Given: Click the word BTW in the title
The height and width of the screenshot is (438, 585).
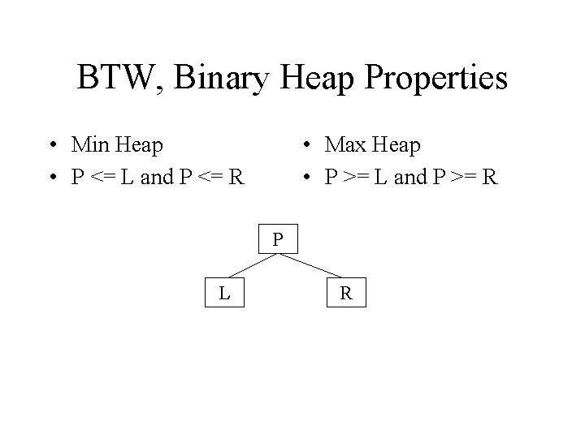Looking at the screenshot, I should tap(114, 78).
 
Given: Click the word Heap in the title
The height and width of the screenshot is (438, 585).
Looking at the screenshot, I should tap(319, 79).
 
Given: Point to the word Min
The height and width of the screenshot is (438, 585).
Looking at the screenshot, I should tap(93, 145).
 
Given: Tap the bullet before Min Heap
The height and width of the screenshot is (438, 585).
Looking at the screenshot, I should tap(51, 146).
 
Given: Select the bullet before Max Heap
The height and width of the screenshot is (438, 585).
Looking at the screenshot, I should tap(305, 146).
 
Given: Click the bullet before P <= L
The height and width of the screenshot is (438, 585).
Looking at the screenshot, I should tap(51, 177).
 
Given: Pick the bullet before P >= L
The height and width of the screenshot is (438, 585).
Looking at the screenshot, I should tap(305, 177).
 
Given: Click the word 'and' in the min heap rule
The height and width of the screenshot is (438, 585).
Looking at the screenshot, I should tap(154, 177).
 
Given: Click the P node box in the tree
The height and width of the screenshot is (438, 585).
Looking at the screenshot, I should tap(278, 239).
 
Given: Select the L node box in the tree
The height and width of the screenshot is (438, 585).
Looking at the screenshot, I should tap(223, 292).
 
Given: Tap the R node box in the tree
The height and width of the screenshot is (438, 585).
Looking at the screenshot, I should tap(346, 292).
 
